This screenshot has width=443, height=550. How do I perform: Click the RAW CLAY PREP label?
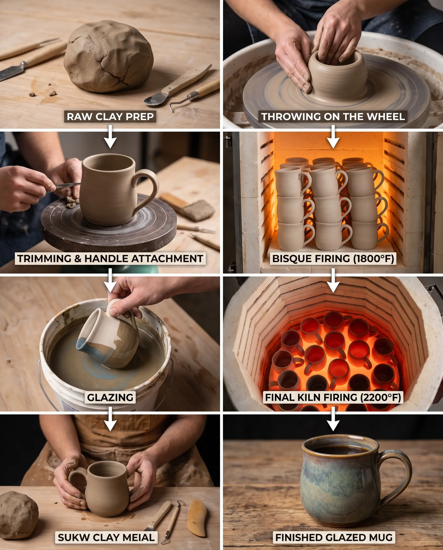(x=110, y=117)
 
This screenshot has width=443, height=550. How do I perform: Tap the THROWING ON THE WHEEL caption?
(x=333, y=117)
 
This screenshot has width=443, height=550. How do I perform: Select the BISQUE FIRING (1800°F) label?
(x=333, y=259)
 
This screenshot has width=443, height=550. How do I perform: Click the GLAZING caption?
(x=110, y=397)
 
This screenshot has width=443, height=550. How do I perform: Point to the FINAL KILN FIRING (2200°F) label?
(x=333, y=397)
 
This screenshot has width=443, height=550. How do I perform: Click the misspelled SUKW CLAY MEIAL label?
(x=106, y=538)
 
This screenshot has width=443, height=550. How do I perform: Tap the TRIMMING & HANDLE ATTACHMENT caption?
(x=110, y=259)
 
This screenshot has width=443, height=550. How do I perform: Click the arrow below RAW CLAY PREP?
(x=110, y=137)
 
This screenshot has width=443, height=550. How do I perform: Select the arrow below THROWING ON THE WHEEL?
(x=333, y=137)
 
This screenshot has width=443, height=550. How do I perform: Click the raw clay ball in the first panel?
(x=109, y=57)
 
